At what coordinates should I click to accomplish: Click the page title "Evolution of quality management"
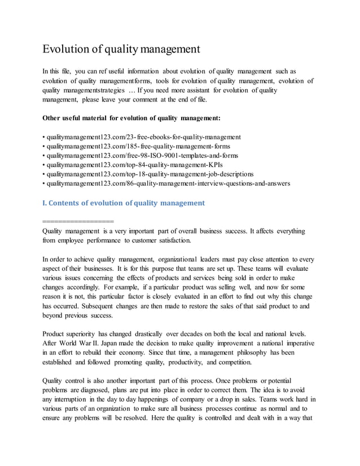[x=121, y=49]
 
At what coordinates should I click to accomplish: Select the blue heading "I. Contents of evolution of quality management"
[x=124, y=203]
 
